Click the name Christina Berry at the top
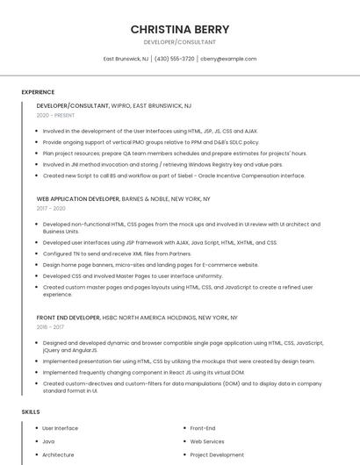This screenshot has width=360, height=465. (180, 29)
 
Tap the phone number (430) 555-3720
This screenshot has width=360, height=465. (175, 59)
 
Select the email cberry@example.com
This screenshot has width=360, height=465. (228, 59)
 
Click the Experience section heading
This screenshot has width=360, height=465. (38, 91)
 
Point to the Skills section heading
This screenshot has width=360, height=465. (31, 411)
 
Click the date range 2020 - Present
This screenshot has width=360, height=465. (55, 115)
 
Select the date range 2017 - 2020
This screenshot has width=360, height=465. (51, 209)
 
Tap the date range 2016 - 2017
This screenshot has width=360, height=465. (50, 326)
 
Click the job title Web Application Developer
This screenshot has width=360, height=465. (78, 199)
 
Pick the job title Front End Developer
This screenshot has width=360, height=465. (68, 317)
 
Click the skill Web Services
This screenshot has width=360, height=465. (207, 441)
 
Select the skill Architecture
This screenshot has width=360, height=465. (58, 454)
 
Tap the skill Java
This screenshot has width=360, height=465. (48, 441)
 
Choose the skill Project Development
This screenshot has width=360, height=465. (217, 454)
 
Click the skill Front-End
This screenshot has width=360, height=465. (203, 428)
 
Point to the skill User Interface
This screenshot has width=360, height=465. (60, 428)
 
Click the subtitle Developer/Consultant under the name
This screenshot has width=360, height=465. (180, 42)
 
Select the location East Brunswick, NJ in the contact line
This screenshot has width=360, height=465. (126, 59)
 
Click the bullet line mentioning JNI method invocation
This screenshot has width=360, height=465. (162, 164)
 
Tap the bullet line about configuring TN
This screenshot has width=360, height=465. (117, 254)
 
